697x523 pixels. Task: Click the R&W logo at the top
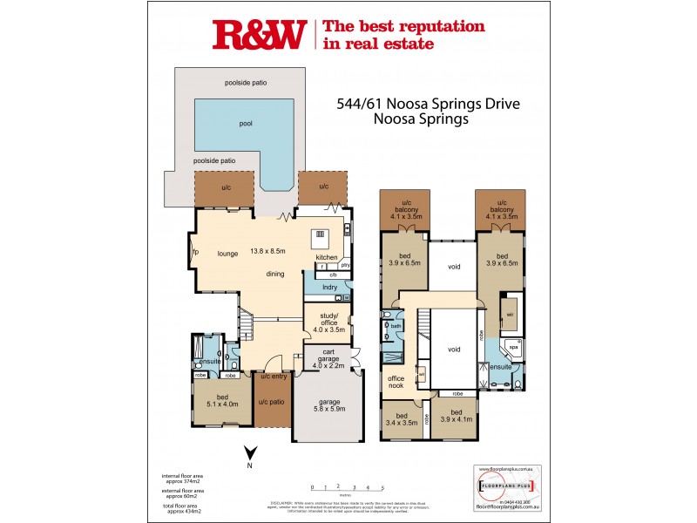tap(259, 34)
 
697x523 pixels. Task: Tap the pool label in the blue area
tap(246, 124)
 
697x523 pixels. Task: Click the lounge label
tap(228, 254)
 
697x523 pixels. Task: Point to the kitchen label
tap(326, 258)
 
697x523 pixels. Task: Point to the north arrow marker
tap(250, 453)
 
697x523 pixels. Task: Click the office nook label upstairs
tap(396, 382)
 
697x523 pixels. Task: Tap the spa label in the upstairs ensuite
tap(513, 346)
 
